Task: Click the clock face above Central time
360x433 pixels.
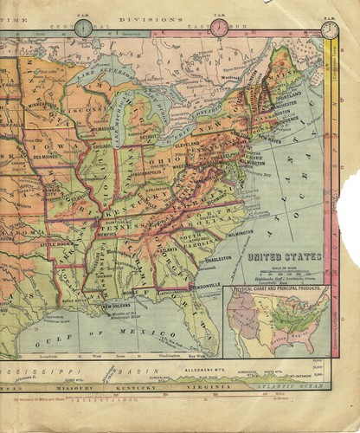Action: click(83, 28)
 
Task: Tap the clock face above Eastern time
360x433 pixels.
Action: click(220, 28)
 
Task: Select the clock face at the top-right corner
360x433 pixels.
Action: click(330, 30)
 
